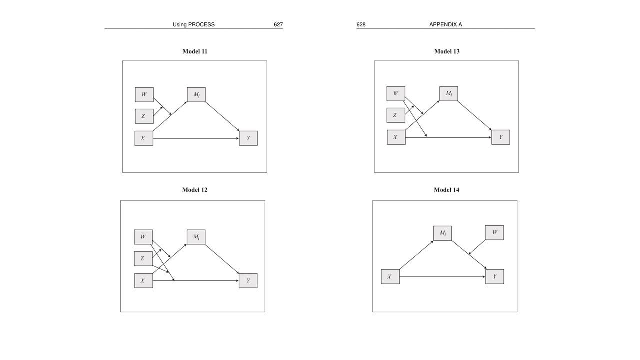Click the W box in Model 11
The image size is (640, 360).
[x=144, y=94]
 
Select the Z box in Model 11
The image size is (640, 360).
[x=144, y=116]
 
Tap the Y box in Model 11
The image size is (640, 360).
[x=248, y=138]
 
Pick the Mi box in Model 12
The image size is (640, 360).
[x=196, y=237]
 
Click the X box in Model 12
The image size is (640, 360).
[x=143, y=281]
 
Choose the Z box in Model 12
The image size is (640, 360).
[x=143, y=258]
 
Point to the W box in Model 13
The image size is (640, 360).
[x=396, y=93]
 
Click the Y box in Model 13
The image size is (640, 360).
[x=501, y=137]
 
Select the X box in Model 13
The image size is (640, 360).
[x=396, y=137]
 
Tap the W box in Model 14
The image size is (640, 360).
[x=494, y=232]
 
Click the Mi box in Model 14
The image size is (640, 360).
[x=442, y=233]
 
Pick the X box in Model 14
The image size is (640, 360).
[x=390, y=277]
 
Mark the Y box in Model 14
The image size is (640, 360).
[x=495, y=277]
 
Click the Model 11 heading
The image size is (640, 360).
[x=195, y=51]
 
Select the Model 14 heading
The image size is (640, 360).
[x=446, y=190]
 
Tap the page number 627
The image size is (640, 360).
[x=278, y=24]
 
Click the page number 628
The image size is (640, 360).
[x=361, y=24]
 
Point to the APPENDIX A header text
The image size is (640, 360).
[x=445, y=24]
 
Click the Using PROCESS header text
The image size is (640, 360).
[x=194, y=24]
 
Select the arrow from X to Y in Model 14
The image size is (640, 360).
[x=442, y=277]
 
